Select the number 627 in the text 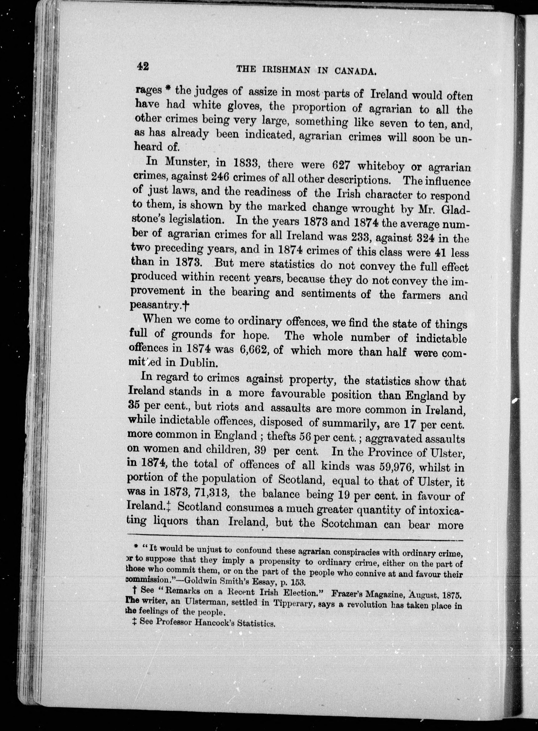(x=341, y=165)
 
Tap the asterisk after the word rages (x=168, y=90)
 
